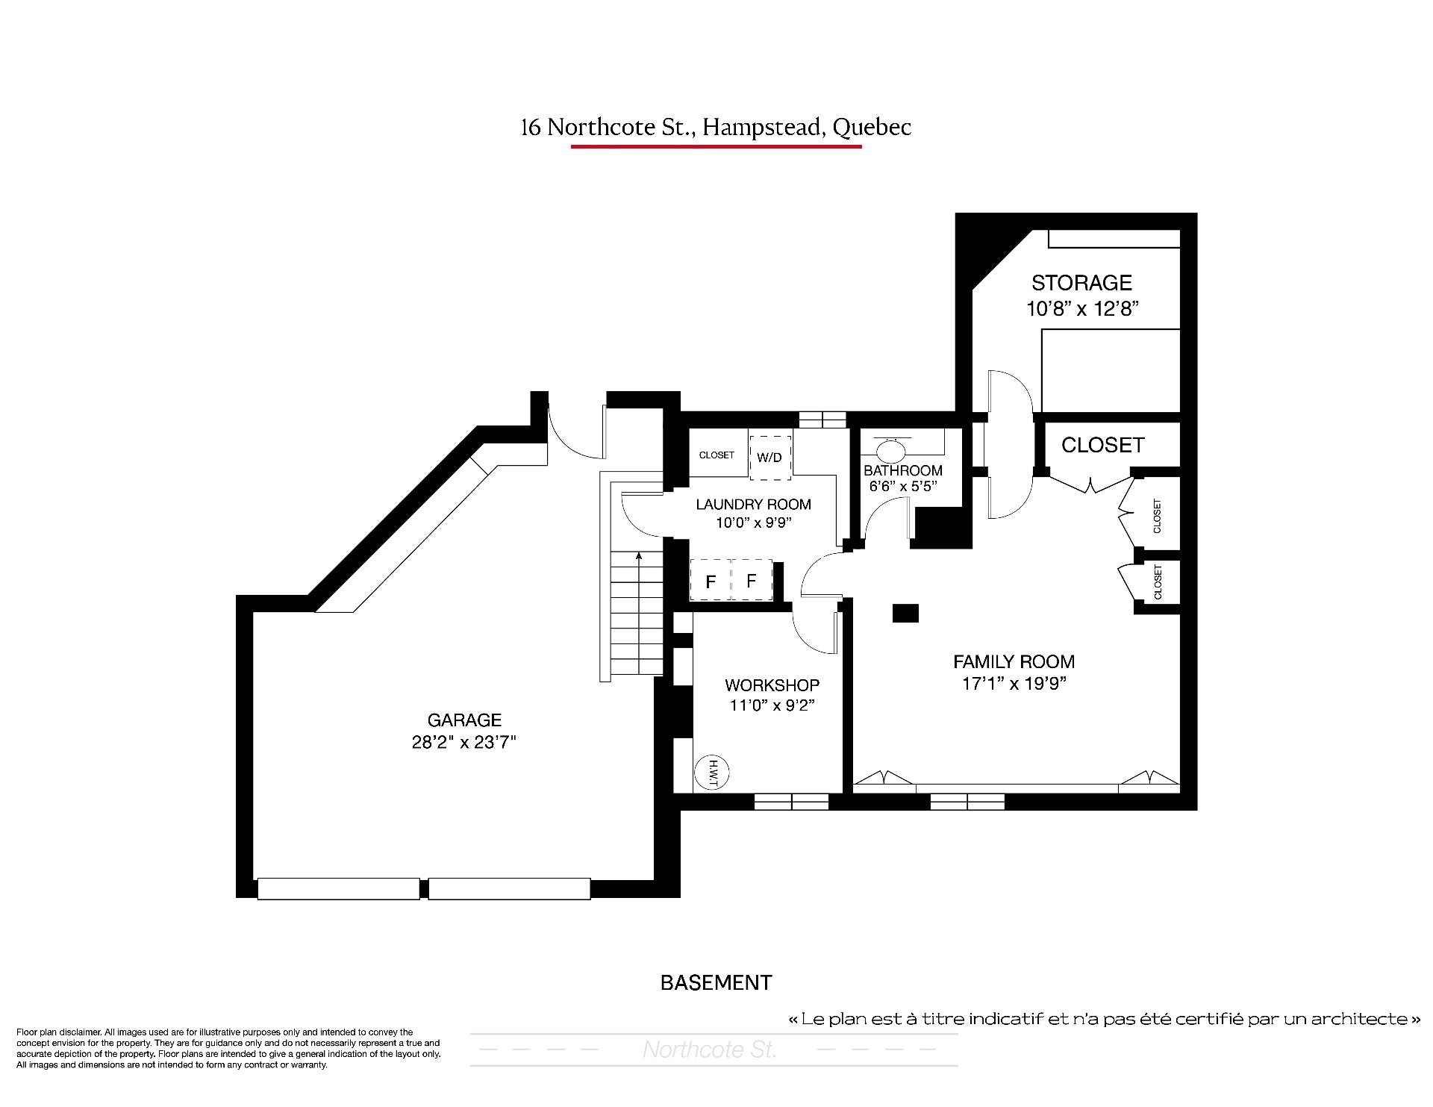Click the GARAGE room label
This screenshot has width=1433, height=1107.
tap(464, 720)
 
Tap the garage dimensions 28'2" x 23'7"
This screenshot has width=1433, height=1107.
tap(464, 743)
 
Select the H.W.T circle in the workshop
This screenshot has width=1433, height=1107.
tap(711, 773)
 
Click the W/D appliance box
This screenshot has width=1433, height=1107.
tap(769, 457)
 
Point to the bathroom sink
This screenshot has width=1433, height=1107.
tap(890, 450)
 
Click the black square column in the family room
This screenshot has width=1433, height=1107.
tap(905, 613)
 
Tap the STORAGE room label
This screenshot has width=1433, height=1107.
tap(1081, 283)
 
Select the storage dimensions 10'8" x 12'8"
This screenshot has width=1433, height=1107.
tap(1081, 308)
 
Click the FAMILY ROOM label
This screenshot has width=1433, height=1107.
tap(1014, 661)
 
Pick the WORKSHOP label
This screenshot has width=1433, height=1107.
tap(772, 685)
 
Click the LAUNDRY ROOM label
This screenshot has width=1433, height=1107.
tap(753, 505)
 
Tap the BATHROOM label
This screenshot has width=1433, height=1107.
tap(903, 470)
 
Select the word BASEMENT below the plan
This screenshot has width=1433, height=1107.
tap(716, 983)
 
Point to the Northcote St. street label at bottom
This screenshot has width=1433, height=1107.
tap(710, 1050)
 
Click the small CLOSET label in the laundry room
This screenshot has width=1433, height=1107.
tap(716, 455)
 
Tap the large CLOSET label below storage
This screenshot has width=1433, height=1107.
tap(1102, 445)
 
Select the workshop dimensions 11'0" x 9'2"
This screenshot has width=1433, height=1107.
tap(772, 705)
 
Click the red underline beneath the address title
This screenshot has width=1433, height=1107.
tap(716, 146)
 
